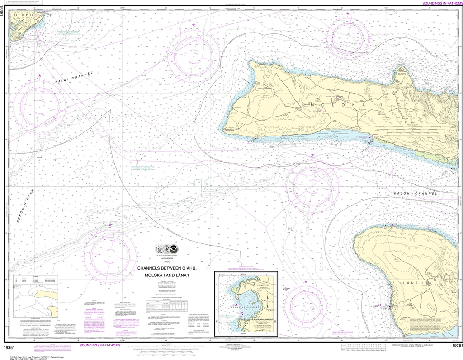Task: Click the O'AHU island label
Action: [x=22, y=16]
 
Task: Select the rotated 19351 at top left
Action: [x=4, y=15]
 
